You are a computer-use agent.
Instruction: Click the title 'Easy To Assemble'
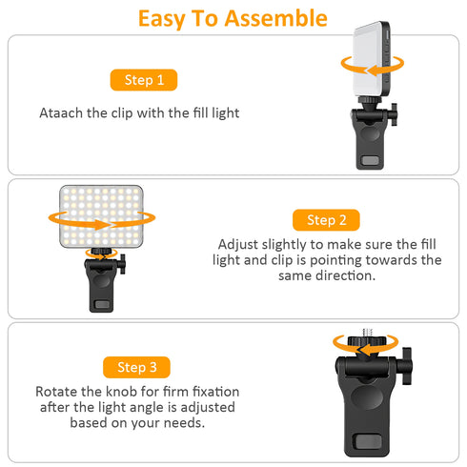click(233, 17)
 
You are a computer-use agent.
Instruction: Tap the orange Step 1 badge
click(143, 80)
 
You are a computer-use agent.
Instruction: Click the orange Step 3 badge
click(136, 366)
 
